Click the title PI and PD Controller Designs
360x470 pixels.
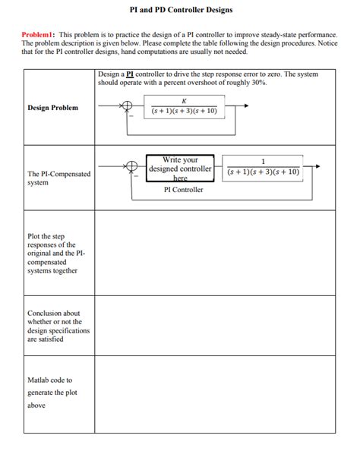point(180,10)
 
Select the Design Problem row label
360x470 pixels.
point(52,108)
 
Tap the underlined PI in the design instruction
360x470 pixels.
point(130,74)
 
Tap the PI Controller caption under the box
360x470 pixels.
point(184,190)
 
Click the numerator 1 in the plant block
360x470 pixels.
point(263,161)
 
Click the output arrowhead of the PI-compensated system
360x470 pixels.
point(317,166)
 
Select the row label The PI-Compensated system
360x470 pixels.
point(58,178)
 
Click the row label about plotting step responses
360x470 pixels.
point(52,254)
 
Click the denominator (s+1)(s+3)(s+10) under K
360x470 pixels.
point(184,111)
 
